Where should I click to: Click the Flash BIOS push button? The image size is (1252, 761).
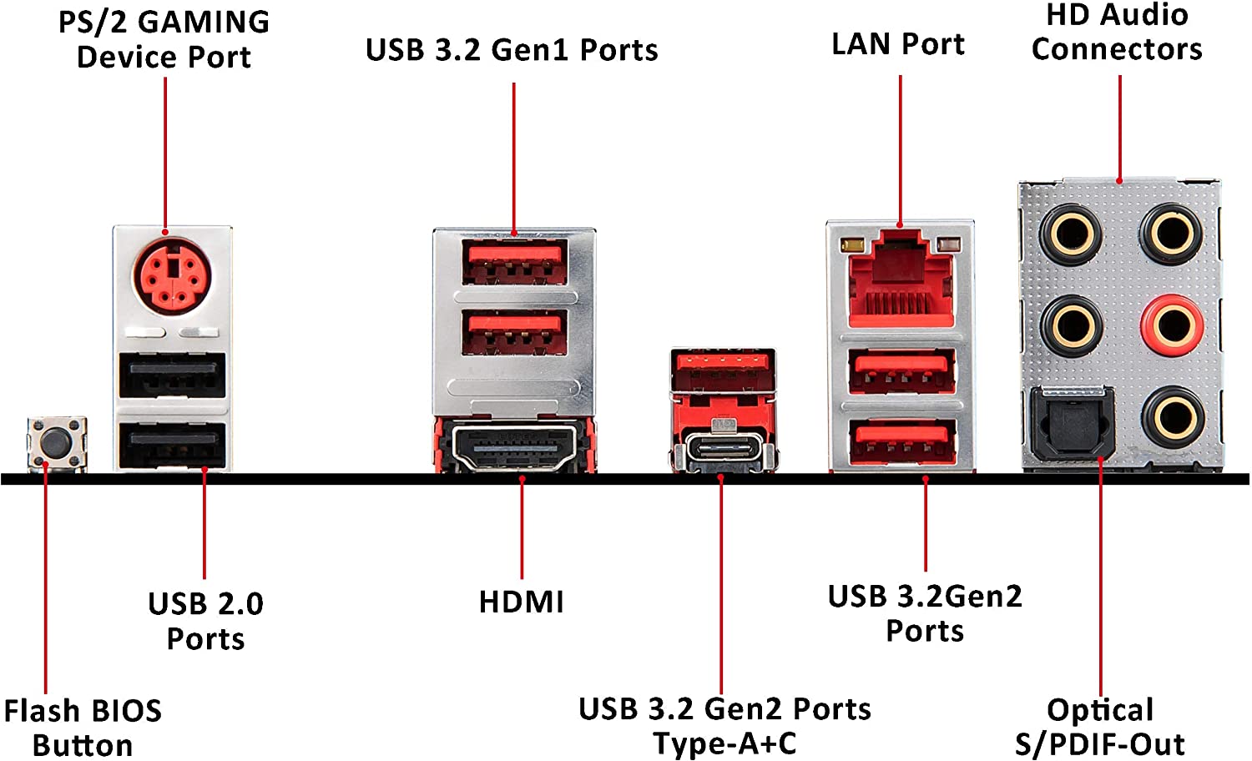(x=57, y=443)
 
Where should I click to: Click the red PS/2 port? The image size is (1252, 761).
(x=171, y=276)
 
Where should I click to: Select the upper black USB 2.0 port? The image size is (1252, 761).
(x=172, y=375)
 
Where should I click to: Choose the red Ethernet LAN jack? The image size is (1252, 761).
(x=900, y=284)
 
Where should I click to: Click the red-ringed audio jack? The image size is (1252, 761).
(x=1173, y=325)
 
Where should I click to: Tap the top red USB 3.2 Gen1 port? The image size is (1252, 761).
(x=514, y=261)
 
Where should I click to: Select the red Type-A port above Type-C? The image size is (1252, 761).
(x=723, y=368)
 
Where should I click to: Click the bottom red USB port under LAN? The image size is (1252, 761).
(x=901, y=441)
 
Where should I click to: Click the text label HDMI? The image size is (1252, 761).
(x=522, y=602)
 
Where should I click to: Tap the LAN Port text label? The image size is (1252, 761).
(x=898, y=44)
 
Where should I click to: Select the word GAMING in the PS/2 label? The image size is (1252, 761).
(x=203, y=23)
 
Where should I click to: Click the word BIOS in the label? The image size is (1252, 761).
(x=126, y=711)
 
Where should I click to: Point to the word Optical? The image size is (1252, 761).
(x=1100, y=710)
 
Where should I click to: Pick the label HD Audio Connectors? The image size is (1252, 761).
(x=1117, y=33)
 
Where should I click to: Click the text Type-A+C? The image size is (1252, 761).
(x=724, y=743)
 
